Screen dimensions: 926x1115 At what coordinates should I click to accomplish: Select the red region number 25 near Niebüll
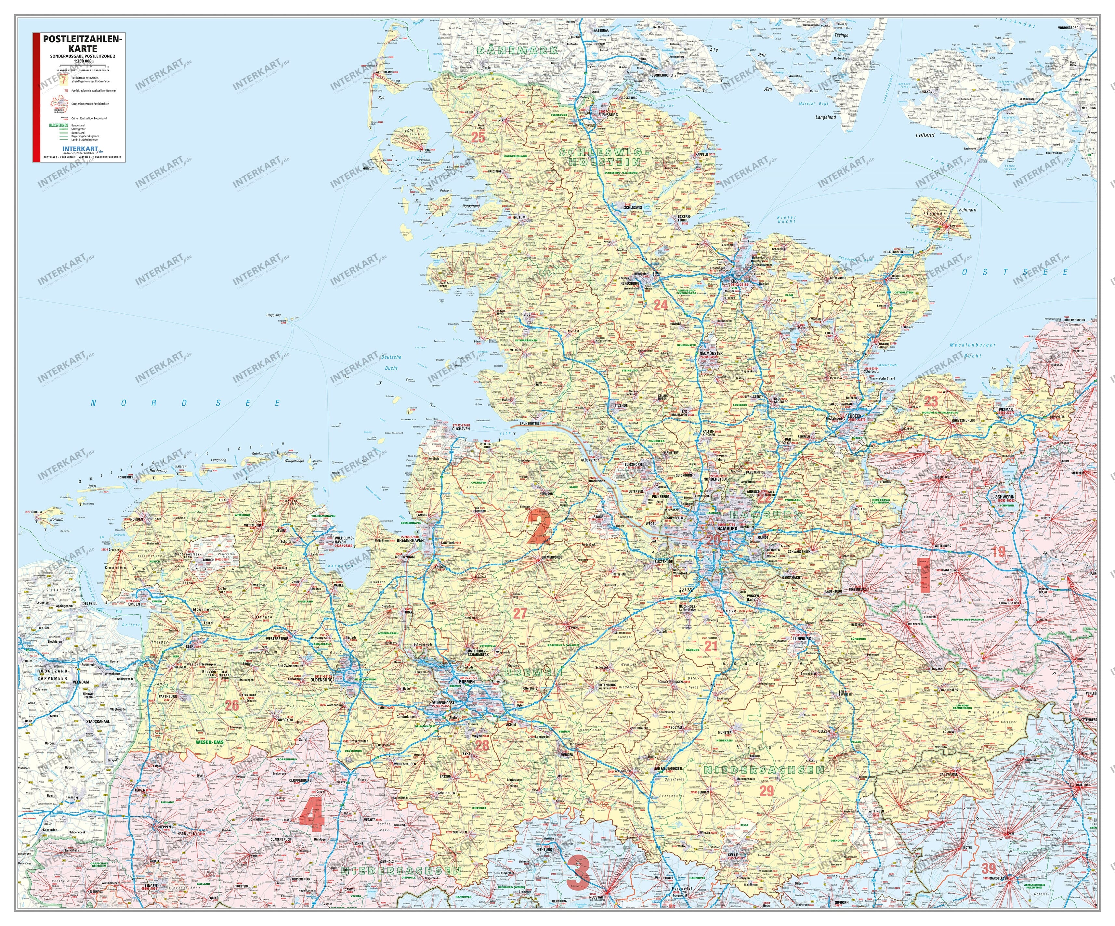pos(478,137)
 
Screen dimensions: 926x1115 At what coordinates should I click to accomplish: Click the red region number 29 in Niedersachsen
pos(767,790)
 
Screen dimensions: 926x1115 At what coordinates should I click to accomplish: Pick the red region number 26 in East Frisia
pos(232,705)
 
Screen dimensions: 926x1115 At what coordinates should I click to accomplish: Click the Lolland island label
pos(925,135)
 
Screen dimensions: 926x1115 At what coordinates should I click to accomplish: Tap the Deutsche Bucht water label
pos(391,363)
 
